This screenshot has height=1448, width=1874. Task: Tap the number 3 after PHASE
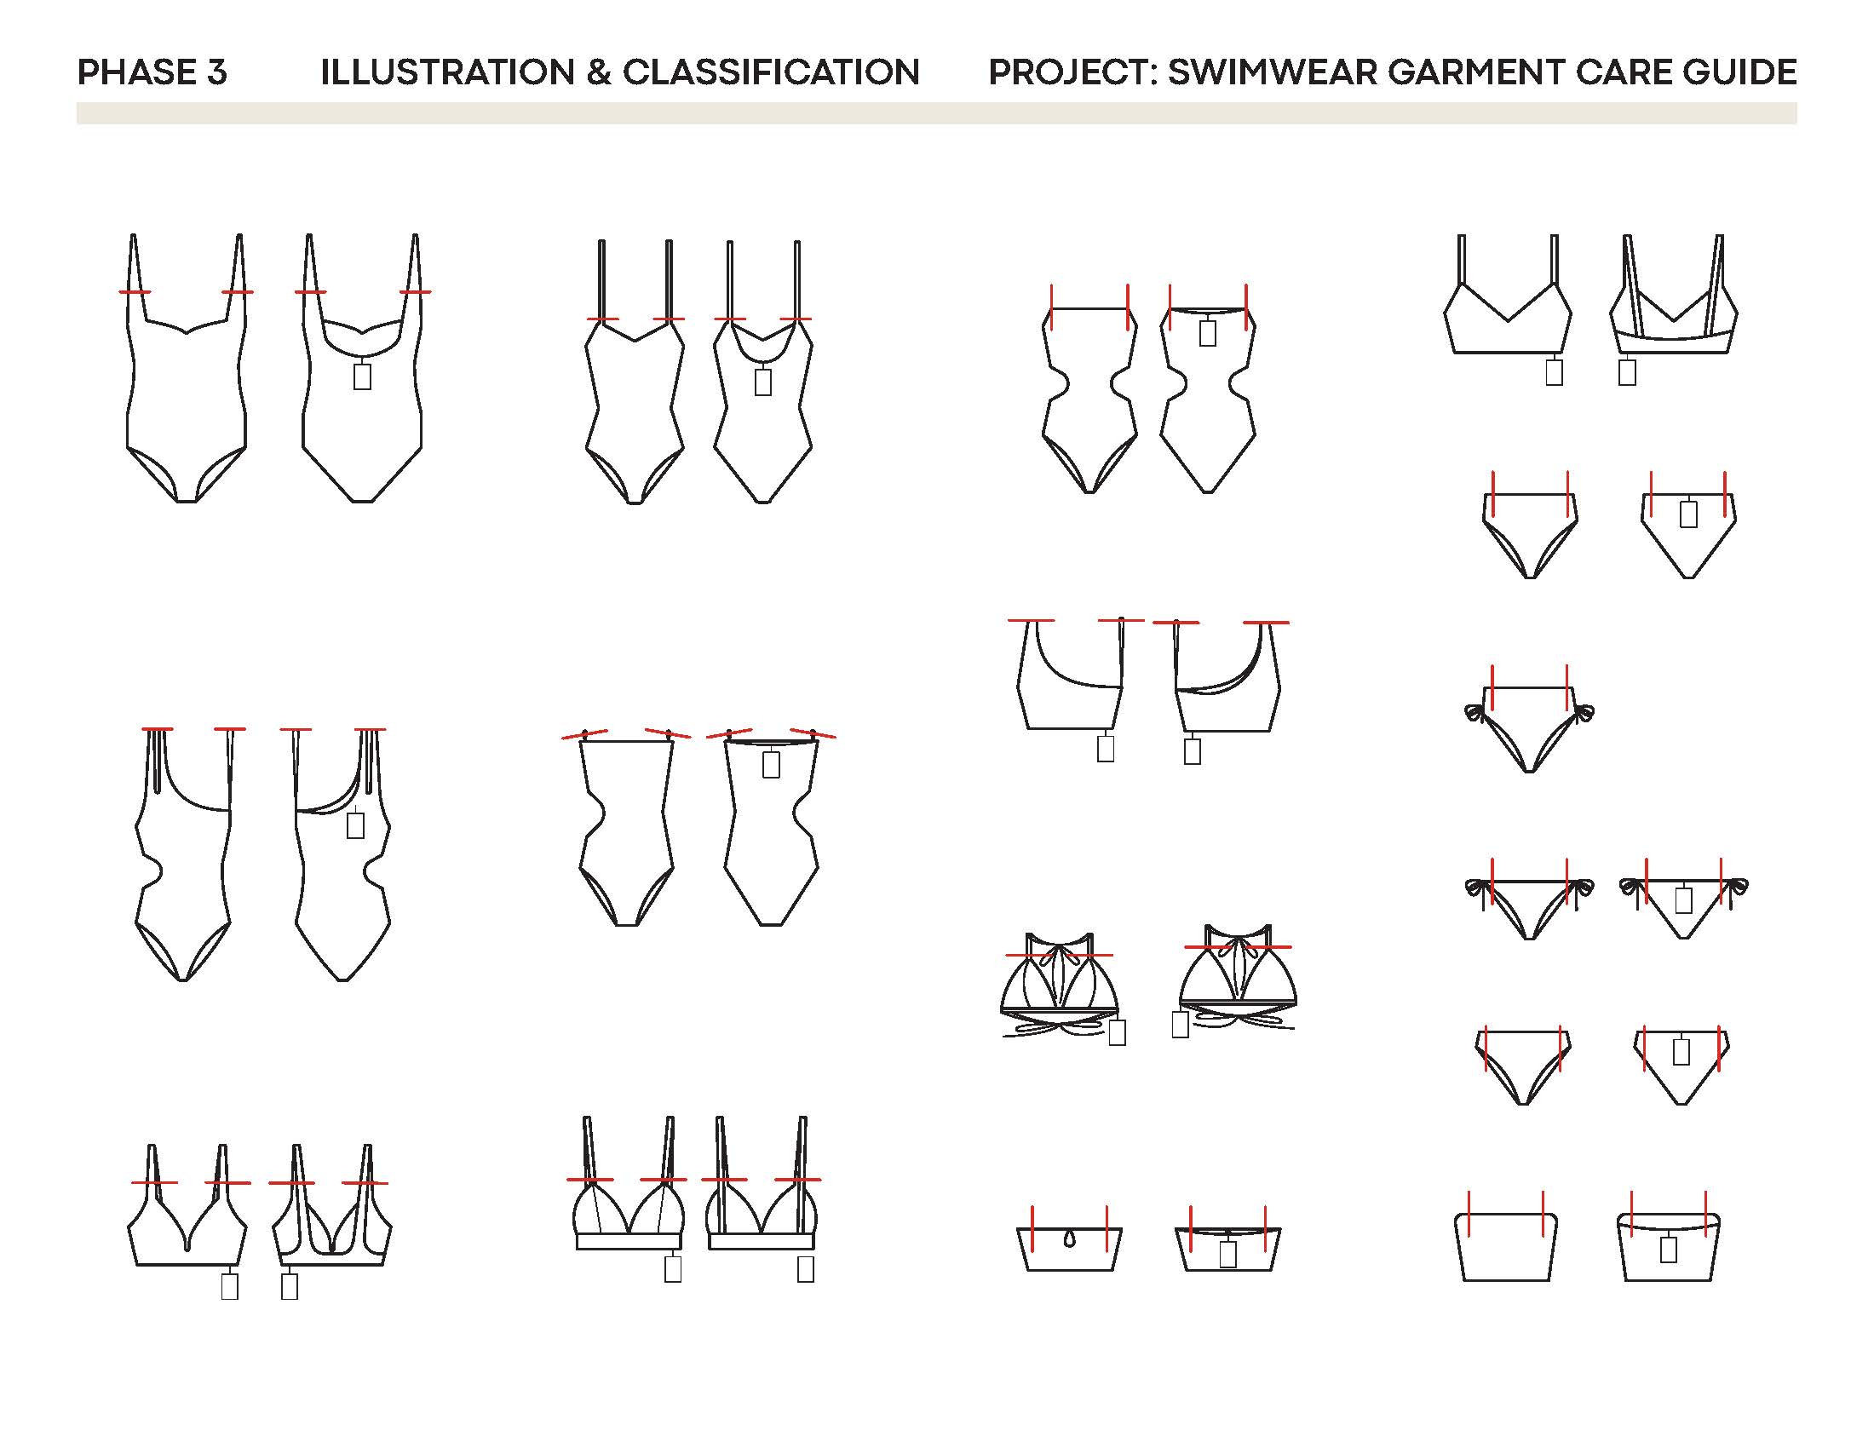(x=217, y=72)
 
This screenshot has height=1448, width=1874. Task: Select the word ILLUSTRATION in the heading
(x=447, y=72)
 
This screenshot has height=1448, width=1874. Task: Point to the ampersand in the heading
(x=598, y=72)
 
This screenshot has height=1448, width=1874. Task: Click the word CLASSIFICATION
(x=771, y=72)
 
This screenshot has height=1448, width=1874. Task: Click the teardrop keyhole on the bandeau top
(x=1069, y=1239)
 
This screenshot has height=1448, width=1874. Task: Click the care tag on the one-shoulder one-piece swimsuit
(x=355, y=825)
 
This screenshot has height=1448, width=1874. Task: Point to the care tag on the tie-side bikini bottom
(x=1683, y=899)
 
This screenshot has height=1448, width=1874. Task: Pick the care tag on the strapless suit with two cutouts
(x=1207, y=333)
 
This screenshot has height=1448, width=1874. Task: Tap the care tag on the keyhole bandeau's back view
(x=1227, y=1254)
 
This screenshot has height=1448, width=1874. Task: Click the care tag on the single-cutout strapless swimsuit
(x=772, y=764)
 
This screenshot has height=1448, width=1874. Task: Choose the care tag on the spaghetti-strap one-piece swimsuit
(x=763, y=382)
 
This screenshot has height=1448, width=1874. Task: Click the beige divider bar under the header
(x=936, y=113)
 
